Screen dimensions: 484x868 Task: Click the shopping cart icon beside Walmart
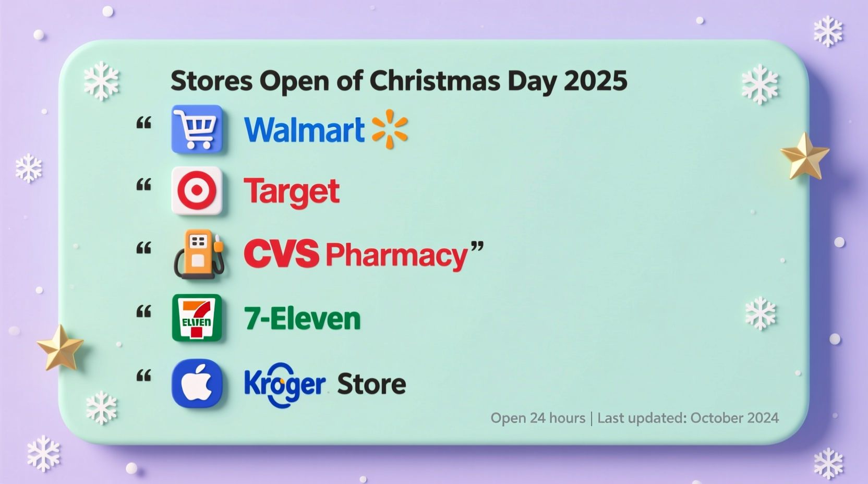(x=197, y=129)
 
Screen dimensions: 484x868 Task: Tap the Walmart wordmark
(x=304, y=130)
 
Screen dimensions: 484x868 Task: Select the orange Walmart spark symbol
(x=390, y=129)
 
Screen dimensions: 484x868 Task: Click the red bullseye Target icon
(x=197, y=191)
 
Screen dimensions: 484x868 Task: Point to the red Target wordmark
(x=292, y=192)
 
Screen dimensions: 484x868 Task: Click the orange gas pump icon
(x=199, y=254)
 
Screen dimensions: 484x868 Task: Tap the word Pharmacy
(x=396, y=255)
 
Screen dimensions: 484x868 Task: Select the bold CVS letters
(x=281, y=254)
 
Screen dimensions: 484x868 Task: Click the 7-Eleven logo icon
(x=197, y=318)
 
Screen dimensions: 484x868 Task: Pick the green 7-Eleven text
(x=302, y=319)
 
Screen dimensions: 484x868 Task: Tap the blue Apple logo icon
(x=197, y=383)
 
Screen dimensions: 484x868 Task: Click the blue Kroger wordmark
(x=284, y=385)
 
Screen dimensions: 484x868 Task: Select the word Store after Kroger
(x=371, y=384)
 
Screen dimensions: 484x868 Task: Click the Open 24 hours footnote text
(x=538, y=418)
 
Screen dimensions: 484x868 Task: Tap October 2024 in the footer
(x=734, y=418)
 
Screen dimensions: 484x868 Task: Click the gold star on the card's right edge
(x=804, y=156)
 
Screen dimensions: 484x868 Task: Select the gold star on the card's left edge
(x=60, y=347)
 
